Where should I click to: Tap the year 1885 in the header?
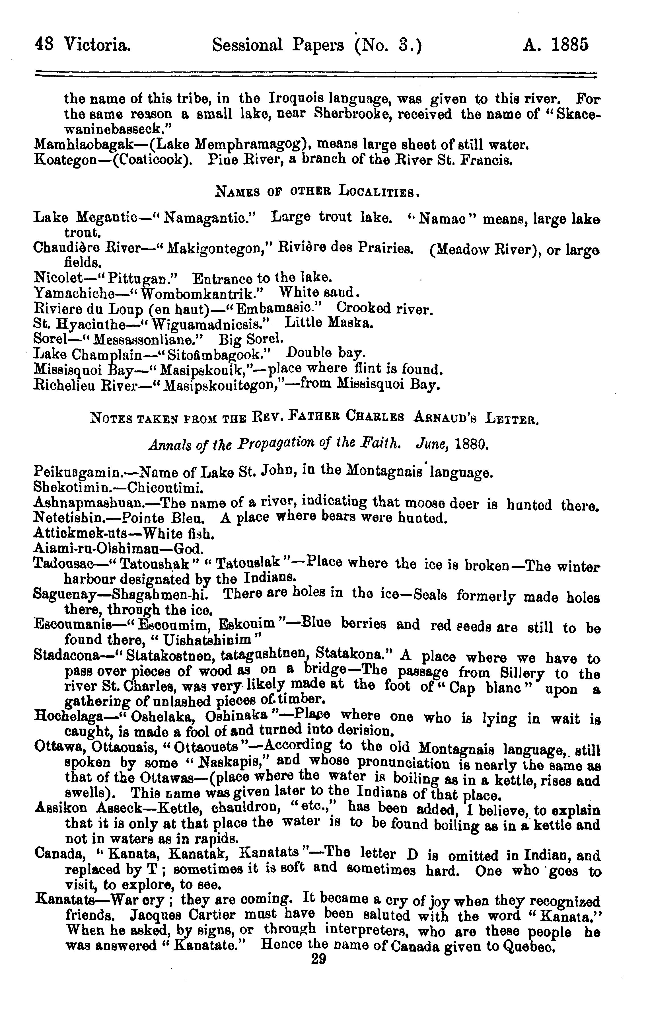tap(569, 44)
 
